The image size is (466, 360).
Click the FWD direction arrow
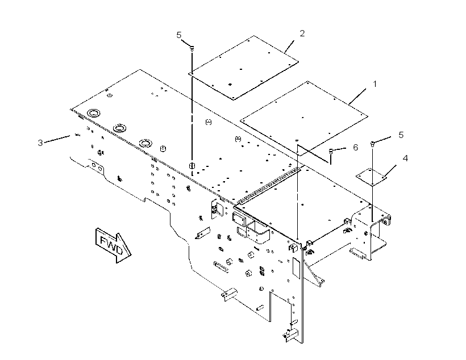pos(113,245)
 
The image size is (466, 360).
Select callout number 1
pos(375,85)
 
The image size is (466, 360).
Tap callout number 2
pos(302,34)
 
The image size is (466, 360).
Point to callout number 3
pos(40,143)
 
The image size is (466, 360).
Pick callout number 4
pos(405,158)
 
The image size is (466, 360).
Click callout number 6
pos(355,148)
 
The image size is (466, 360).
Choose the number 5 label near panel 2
pos(178,35)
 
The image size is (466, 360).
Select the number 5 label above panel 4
pos(401,135)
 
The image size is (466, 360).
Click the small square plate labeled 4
pos(372,177)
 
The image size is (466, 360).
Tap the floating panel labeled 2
pos(243,68)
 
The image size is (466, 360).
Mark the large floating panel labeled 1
pos(303,118)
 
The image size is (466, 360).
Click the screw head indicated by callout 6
pos(331,151)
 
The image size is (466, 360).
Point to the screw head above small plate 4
pos(372,144)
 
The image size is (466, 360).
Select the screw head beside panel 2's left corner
pos(192,48)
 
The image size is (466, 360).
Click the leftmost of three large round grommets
pos(94,113)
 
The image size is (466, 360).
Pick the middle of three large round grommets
pos(120,128)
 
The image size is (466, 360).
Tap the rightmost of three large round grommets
pos(145,143)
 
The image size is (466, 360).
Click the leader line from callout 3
pos(57,139)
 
